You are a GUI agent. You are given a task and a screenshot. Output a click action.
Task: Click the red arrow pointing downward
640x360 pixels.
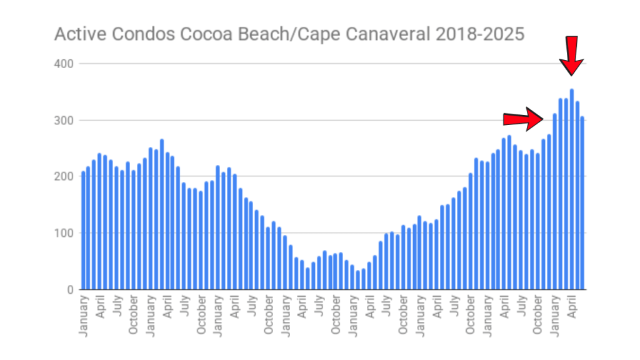point(571,57)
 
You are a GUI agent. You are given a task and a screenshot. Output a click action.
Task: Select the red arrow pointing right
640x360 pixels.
point(526,118)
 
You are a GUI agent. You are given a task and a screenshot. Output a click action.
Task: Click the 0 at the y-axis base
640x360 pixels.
point(71,290)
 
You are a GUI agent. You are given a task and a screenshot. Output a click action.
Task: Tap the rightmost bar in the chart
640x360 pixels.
point(582,203)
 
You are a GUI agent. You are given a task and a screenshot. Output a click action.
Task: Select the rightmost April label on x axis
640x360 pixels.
point(572,312)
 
